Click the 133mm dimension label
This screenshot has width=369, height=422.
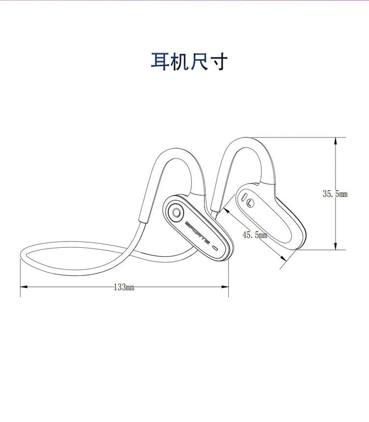pyautogui.click(x=124, y=287)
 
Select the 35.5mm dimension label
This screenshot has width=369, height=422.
pyautogui.click(x=335, y=194)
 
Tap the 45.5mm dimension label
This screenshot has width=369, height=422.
pyautogui.click(x=254, y=235)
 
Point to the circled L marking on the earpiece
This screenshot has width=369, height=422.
pyautogui.click(x=251, y=202)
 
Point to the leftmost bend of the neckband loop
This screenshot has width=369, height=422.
pyautogui.click(x=21, y=256)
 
